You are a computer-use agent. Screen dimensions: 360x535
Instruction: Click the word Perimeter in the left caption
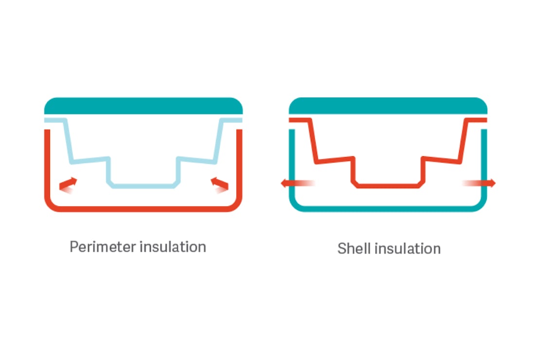pos(103,247)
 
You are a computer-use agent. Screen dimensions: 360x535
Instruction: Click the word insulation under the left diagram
pos(173,247)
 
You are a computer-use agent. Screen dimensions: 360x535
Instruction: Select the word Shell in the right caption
pos(354,249)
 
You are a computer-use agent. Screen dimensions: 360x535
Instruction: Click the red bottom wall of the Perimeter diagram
pos(143,208)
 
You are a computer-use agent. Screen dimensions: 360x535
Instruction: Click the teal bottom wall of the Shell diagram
pos(388,208)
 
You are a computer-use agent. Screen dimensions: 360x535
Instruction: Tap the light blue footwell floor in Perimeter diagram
pos(143,186)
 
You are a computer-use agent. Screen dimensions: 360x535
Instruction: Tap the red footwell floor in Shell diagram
pos(388,186)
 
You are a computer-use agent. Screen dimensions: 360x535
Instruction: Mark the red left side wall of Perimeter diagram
pos(48,161)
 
